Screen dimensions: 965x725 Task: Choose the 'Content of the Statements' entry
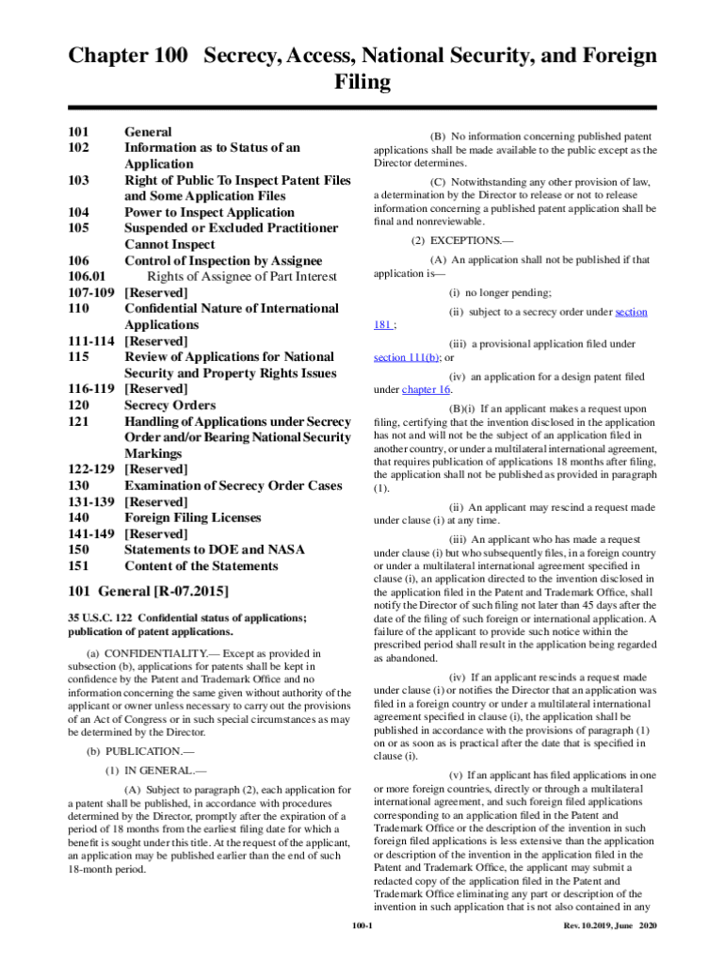coord(201,566)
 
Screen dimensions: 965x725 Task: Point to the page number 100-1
coord(362,926)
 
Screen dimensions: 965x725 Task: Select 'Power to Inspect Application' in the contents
coord(209,212)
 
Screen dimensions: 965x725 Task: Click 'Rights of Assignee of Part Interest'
coord(242,276)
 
